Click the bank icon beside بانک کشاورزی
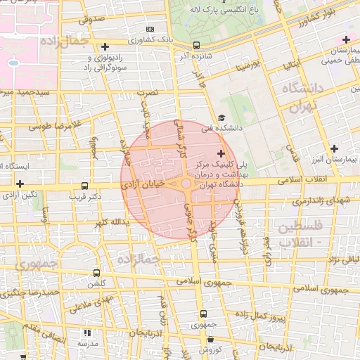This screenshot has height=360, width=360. pos(149,30)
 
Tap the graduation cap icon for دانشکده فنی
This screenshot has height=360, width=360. pos(221,118)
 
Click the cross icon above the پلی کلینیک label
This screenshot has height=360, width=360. pos(221,153)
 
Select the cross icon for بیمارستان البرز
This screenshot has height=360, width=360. pos(334,148)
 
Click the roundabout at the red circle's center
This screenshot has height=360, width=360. pos(186,184)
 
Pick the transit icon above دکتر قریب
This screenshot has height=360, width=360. pos(84,186)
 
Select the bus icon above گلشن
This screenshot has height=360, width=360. pos(96,273)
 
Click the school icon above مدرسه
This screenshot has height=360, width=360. pos(87,333)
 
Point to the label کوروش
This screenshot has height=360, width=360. pos(210,349)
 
